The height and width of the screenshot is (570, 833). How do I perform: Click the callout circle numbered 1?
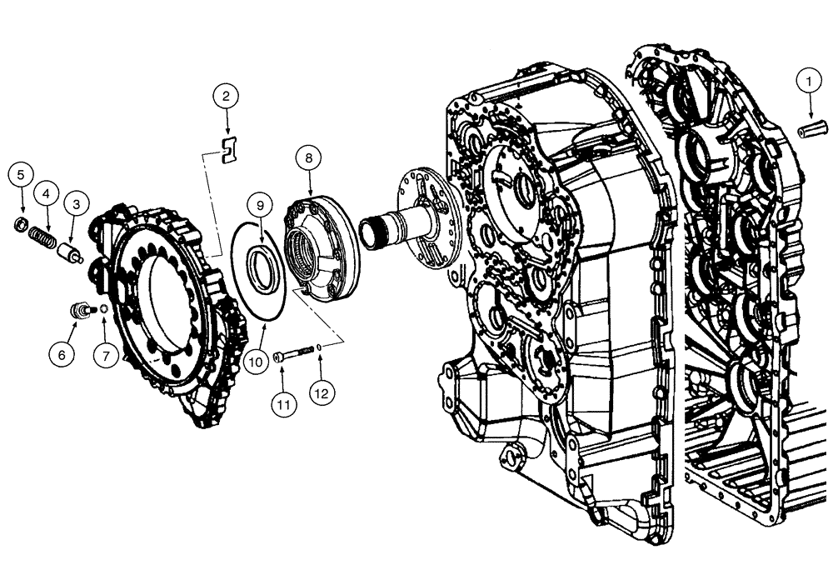(807, 81)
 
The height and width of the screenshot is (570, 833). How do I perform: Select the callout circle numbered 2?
(225, 97)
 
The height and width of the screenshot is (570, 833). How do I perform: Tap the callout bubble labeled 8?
(309, 156)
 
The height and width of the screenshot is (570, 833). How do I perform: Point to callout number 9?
(260, 203)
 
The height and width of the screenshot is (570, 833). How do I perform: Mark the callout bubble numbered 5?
(22, 175)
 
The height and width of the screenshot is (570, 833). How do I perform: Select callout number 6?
(61, 353)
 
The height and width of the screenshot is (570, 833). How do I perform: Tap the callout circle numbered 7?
(106, 355)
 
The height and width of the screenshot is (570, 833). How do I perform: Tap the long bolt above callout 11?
(295, 353)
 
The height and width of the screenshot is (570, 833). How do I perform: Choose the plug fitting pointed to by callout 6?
(80, 311)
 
